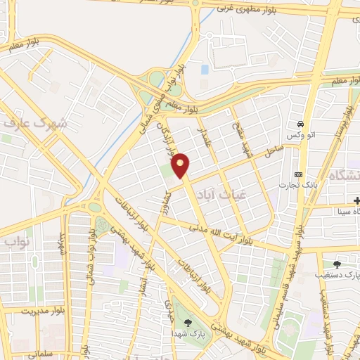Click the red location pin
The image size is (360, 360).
coord(181,165)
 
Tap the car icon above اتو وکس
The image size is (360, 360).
coord(301,122)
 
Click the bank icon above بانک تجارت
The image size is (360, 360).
coord(299,174)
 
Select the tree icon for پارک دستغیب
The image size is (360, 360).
coord(337,264)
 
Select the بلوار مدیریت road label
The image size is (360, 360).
coord(28,309)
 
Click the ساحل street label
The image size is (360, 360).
coord(274,151)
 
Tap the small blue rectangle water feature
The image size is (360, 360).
coord(205,70)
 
